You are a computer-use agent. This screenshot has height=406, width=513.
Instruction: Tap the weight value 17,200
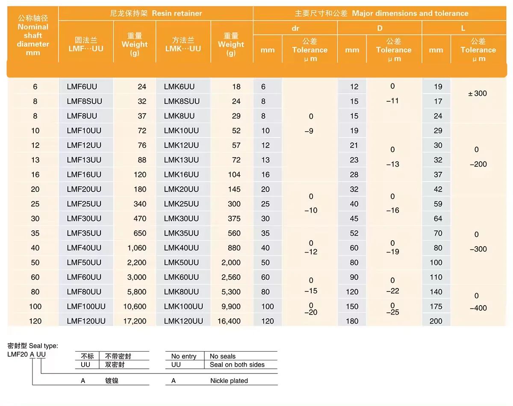pyautogui.click(x=135, y=321)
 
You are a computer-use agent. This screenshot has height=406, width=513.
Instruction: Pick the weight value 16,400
pyautogui.click(x=229, y=321)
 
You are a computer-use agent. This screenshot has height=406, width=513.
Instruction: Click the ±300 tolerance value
pyautogui.click(x=477, y=94)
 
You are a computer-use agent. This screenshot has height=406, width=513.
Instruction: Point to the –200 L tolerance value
pyautogui.click(x=478, y=164)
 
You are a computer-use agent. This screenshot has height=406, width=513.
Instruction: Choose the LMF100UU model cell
pyautogui.click(x=86, y=306)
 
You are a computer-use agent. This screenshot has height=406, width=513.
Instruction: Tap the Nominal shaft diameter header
pyautogui.click(x=33, y=35)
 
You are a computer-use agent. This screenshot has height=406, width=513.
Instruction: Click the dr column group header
pyautogui.click(x=295, y=28)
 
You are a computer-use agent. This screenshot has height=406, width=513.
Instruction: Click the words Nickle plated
pyautogui.click(x=229, y=381)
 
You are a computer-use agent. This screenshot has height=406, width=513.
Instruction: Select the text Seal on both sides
pyautogui.click(x=237, y=365)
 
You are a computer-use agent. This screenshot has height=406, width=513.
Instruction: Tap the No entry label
pyautogui.click(x=184, y=356)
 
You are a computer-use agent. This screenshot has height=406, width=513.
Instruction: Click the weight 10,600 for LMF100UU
pyautogui.click(x=135, y=306)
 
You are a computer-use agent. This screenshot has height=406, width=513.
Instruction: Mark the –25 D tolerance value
pyautogui.click(x=392, y=312)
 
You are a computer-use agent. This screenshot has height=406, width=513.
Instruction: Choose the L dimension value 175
pyautogui.click(x=436, y=306)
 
